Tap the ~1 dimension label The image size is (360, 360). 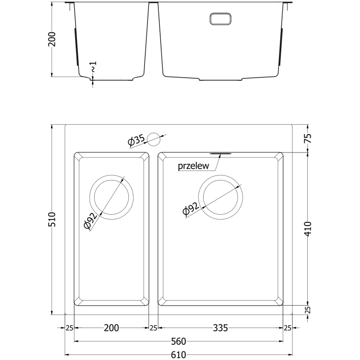[94, 68]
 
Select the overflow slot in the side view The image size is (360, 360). [220, 18]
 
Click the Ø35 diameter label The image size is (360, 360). [136, 141]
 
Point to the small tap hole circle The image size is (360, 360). [154, 139]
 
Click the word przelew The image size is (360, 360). [193, 166]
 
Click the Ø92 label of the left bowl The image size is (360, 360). [91, 220]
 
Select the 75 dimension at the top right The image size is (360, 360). [309, 139]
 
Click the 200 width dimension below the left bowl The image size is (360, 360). [111, 328]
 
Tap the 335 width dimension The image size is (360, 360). [220, 328]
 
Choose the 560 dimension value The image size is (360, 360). [179, 341]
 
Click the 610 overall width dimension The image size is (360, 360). [179, 354]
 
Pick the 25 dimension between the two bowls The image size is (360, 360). [153, 328]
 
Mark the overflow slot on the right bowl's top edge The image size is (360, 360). [220, 153]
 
